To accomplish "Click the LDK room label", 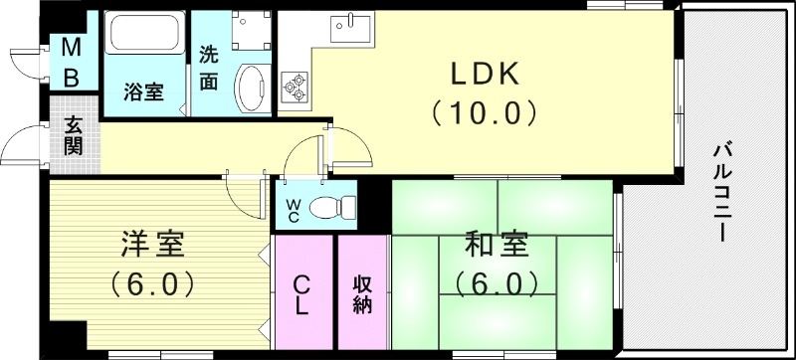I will point(486,76).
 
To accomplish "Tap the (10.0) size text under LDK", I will point(486,111).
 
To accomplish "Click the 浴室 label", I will point(143,92).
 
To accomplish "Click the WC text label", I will point(296,210).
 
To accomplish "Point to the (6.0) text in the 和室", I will point(496,283).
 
